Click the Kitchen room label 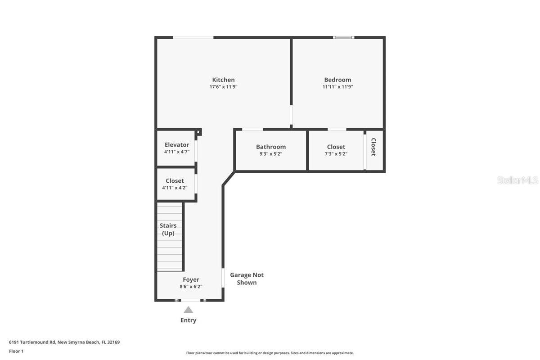(x=223, y=80)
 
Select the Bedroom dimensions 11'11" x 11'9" (x=337, y=87)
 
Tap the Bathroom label (x=271, y=147)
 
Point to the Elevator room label (x=177, y=145)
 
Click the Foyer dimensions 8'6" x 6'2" (x=191, y=286)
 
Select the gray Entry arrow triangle (x=189, y=310)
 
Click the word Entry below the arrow (x=189, y=320)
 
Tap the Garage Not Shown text (x=247, y=279)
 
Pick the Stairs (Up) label (x=168, y=229)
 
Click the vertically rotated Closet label (x=373, y=147)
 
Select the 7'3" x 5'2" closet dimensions (x=336, y=154)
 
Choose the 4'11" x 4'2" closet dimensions (x=175, y=188)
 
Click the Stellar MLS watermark (x=517, y=180)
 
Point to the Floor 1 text (x=16, y=351)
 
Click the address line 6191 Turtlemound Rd (x=64, y=342)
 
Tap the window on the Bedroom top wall (x=343, y=37)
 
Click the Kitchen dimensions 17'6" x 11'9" (x=223, y=87)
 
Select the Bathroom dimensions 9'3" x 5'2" (x=271, y=154)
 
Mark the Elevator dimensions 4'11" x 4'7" (x=177, y=152)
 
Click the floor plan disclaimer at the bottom (x=270, y=353)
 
